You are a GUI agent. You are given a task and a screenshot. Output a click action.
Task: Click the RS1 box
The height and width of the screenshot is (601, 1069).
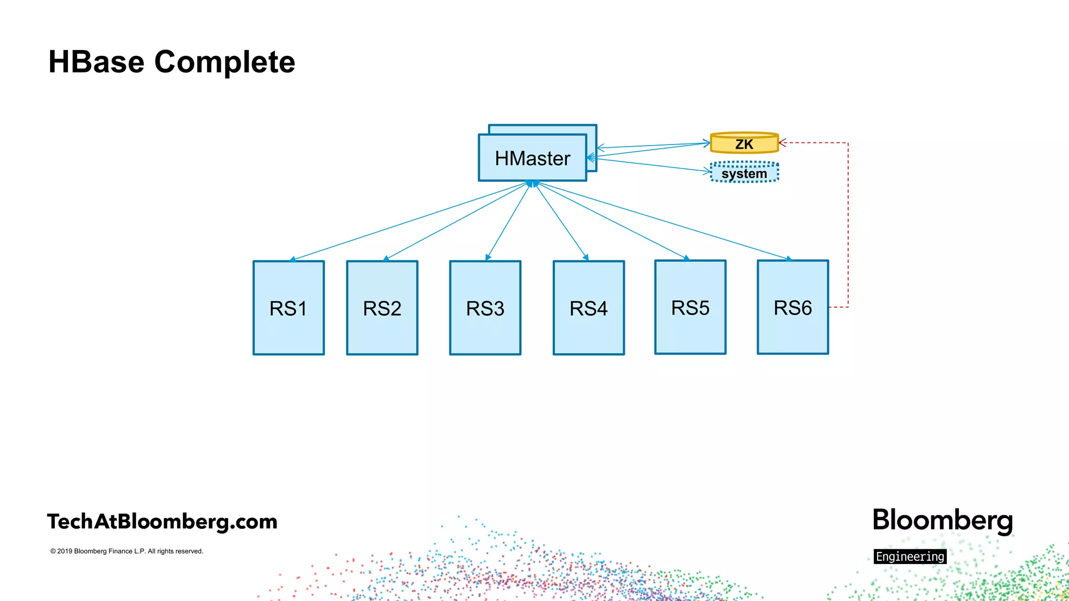pos(288,308)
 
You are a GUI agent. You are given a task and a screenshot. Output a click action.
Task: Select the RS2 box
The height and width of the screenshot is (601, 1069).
pos(382,308)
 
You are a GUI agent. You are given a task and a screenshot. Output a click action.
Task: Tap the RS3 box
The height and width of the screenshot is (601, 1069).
pos(485,308)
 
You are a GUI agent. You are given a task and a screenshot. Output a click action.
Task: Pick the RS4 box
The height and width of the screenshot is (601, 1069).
pos(588,308)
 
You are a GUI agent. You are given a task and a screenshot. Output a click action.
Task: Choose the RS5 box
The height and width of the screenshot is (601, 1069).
pos(690,307)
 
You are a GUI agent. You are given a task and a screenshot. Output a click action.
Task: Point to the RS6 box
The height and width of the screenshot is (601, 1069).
pos(792,307)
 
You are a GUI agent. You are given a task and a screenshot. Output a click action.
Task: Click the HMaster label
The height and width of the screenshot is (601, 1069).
pos(532,159)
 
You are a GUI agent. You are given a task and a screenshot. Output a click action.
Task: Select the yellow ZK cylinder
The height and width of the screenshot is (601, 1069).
pos(744,143)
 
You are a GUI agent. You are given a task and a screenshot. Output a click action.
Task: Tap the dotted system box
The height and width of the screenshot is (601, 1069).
pos(744,173)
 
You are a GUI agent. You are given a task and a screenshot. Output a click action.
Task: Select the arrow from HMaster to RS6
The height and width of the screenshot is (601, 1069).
pos(663,221)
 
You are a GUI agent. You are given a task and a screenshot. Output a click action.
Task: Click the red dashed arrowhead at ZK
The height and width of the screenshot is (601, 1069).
pos(781,142)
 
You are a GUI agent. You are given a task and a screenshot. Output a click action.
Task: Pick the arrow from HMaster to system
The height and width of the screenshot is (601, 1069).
pos(652,165)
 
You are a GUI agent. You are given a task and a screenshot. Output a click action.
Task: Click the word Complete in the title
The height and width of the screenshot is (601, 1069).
pos(224,62)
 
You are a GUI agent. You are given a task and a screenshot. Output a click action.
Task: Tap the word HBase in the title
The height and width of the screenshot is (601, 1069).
pos(96,62)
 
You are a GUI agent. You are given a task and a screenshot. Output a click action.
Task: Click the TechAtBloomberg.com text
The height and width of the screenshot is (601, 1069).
pos(162,522)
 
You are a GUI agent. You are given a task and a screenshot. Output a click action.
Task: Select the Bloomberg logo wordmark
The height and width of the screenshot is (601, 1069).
pos(942,521)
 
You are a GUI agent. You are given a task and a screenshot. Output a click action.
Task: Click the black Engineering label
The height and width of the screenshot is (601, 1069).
pos(910,557)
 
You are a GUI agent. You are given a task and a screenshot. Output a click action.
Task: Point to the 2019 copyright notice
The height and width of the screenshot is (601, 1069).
pos(127,551)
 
